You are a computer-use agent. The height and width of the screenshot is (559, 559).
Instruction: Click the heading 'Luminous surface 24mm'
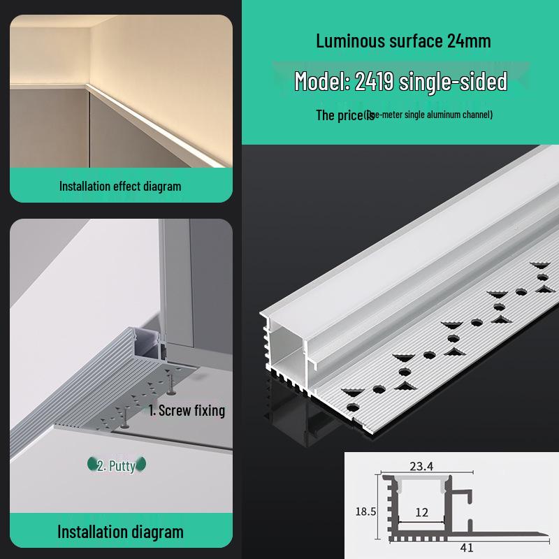coord(403,41)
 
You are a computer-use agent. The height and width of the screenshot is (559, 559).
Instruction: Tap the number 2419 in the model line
coord(375,82)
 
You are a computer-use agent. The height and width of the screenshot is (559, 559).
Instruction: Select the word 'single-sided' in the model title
coord(453,82)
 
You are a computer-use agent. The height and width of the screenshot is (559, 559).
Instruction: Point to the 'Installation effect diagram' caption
coord(120,186)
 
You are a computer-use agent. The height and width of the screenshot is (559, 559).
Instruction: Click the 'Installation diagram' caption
coord(120,532)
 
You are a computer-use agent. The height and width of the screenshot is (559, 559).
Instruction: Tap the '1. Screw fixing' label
coord(187,410)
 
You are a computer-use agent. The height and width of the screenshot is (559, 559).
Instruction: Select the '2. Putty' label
coord(116,465)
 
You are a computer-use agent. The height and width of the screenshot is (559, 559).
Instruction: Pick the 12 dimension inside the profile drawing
coord(421,512)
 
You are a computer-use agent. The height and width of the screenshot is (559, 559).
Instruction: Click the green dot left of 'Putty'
coord(92,464)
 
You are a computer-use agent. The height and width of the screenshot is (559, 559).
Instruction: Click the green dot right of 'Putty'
coord(142,464)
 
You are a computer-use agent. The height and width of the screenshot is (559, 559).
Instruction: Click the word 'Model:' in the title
coord(322,82)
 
